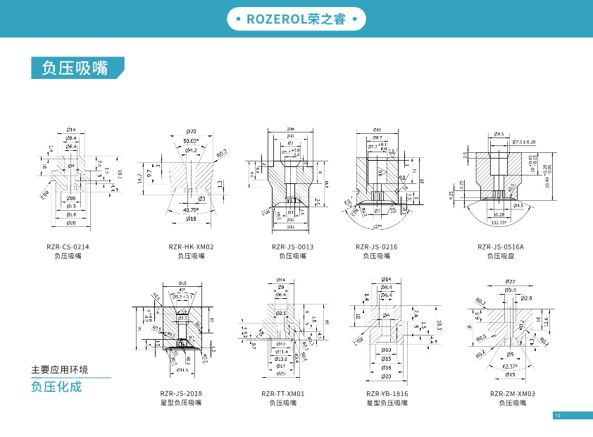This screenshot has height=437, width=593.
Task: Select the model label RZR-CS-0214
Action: coord(68,247)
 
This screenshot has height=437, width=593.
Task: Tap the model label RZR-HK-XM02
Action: coord(191,247)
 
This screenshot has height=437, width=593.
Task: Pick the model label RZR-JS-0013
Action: coord(292,247)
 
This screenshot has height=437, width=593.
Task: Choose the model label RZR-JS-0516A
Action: coord(501,247)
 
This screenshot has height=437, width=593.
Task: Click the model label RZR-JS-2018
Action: coord(180,394)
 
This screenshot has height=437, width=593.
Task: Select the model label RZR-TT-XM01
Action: coord(282,394)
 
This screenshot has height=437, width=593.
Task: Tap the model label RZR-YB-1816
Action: coord(387,394)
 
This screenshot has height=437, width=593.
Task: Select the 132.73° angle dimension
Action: coord(499,221)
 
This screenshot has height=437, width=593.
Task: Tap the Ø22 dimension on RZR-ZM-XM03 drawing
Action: coord(510,281)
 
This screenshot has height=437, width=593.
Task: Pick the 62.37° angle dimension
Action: coord(510,367)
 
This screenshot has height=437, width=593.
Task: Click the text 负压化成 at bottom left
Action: coord(56,387)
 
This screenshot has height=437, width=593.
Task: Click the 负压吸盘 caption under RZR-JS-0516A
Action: coord(501,256)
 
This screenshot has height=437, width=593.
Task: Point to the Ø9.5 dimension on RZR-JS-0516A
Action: coord(499,134)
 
